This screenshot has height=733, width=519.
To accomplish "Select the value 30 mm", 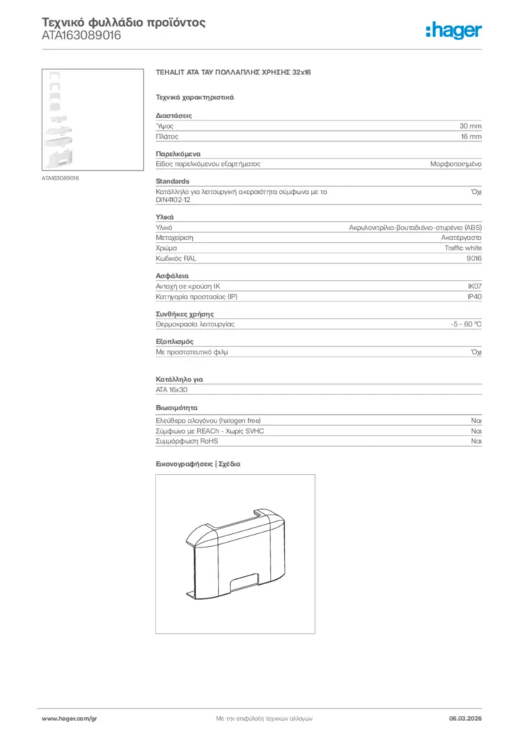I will (470, 125).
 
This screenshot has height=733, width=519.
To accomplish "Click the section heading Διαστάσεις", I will (173, 115).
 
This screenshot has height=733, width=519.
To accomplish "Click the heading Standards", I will (173, 181).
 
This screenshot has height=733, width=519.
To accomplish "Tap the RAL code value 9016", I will (474, 258).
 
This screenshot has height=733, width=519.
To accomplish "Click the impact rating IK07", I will (474, 286).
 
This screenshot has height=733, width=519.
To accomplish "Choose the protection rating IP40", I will (474, 296).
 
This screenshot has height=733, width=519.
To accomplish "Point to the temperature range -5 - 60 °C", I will (461, 324).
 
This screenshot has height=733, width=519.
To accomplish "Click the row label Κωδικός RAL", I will (176, 258).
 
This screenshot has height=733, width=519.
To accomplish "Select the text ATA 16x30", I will (171, 389).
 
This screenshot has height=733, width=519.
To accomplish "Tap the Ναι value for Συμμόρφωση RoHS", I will (476, 442).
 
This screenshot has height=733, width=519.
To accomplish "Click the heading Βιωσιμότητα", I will (177, 407).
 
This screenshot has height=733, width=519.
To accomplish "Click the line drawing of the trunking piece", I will (234, 553).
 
